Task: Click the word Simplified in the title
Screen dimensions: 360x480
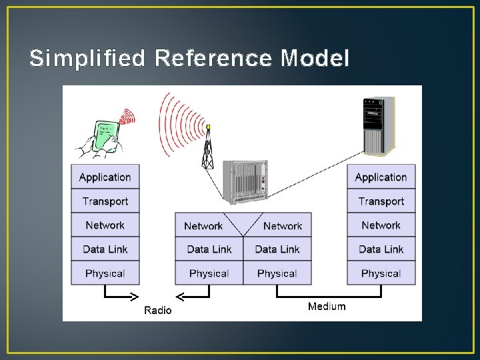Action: (87, 59)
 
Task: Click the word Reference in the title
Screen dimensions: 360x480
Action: (213, 59)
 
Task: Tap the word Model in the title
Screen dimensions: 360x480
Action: (315, 59)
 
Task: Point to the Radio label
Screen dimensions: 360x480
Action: (158, 310)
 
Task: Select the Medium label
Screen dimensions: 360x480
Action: (327, 307)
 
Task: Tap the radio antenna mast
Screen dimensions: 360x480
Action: (208, 148)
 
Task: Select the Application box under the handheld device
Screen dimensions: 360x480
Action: (105, 177)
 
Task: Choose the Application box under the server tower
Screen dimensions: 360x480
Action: (381, 177)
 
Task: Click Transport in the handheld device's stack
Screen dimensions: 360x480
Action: (105, 201)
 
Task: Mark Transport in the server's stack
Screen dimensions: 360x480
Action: (381, 201)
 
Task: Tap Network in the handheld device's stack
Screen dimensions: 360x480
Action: (105, 225)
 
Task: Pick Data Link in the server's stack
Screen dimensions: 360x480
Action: (381, 249)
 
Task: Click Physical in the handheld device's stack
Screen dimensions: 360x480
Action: (105, 273)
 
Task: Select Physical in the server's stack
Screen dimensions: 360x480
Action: (381, 273)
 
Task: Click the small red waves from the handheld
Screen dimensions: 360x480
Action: (127, 118)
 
